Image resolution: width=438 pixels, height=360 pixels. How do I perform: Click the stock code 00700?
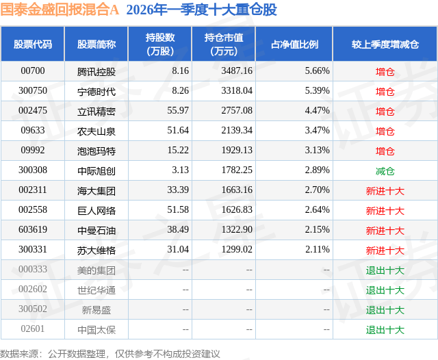(33, 70)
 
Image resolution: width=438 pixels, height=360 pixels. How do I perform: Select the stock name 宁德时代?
(96, 91)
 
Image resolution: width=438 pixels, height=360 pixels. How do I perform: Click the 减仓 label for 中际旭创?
(385, 170)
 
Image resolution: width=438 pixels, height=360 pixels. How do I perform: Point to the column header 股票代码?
(33, 44)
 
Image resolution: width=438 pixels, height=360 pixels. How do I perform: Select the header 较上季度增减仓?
(385, 44)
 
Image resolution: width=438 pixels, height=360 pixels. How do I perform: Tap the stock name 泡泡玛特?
(96, 151)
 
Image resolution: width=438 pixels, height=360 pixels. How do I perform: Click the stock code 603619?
(33, 230)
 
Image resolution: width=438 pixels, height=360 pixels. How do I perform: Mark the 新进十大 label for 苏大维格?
(385, 250)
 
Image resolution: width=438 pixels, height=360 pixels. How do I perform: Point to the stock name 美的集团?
(96, 270)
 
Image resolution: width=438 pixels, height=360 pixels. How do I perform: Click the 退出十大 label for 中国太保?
(385, 330)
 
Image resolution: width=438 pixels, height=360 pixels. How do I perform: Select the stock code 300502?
(33, 309)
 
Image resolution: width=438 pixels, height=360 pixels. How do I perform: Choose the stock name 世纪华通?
(96, 290)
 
